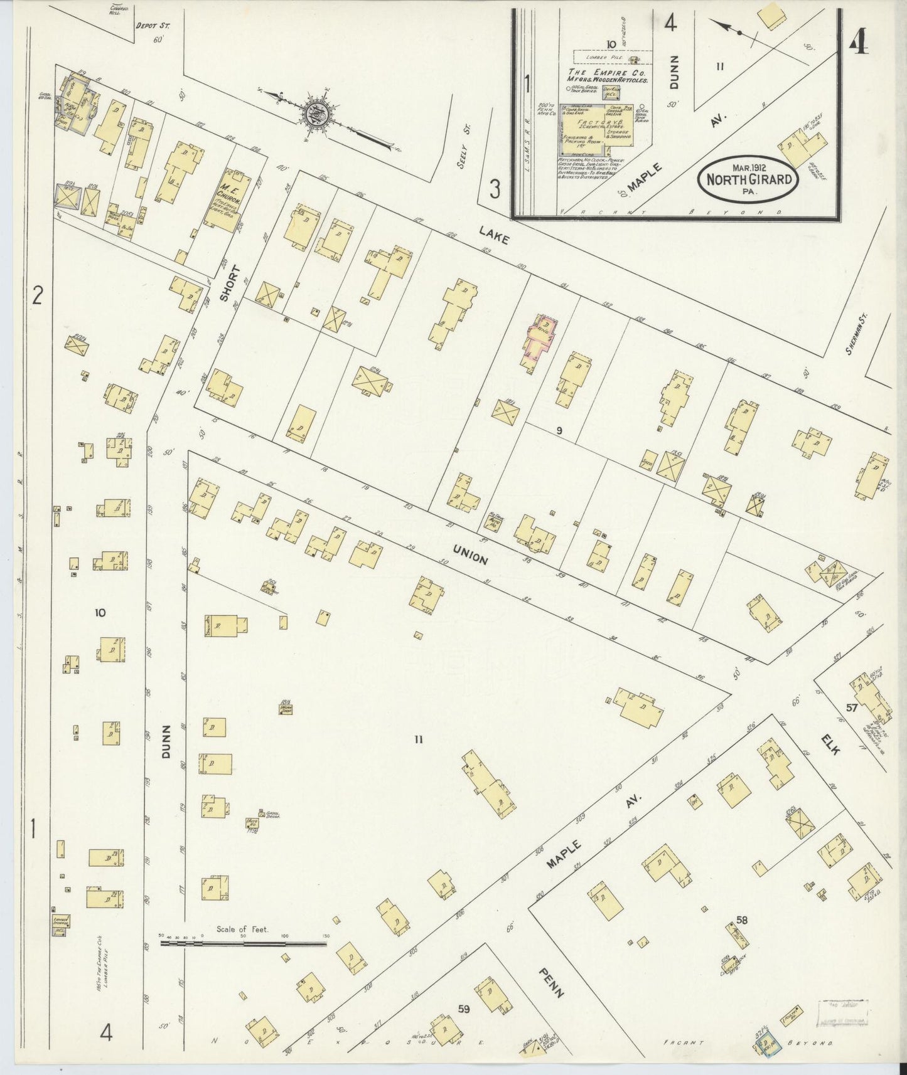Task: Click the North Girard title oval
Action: tap(748, 179)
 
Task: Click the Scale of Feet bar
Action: tap(244, 943)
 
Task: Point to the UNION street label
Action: tap(470, 554)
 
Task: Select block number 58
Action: tap(742, 920)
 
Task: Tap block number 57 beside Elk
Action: tap(851, 707)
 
